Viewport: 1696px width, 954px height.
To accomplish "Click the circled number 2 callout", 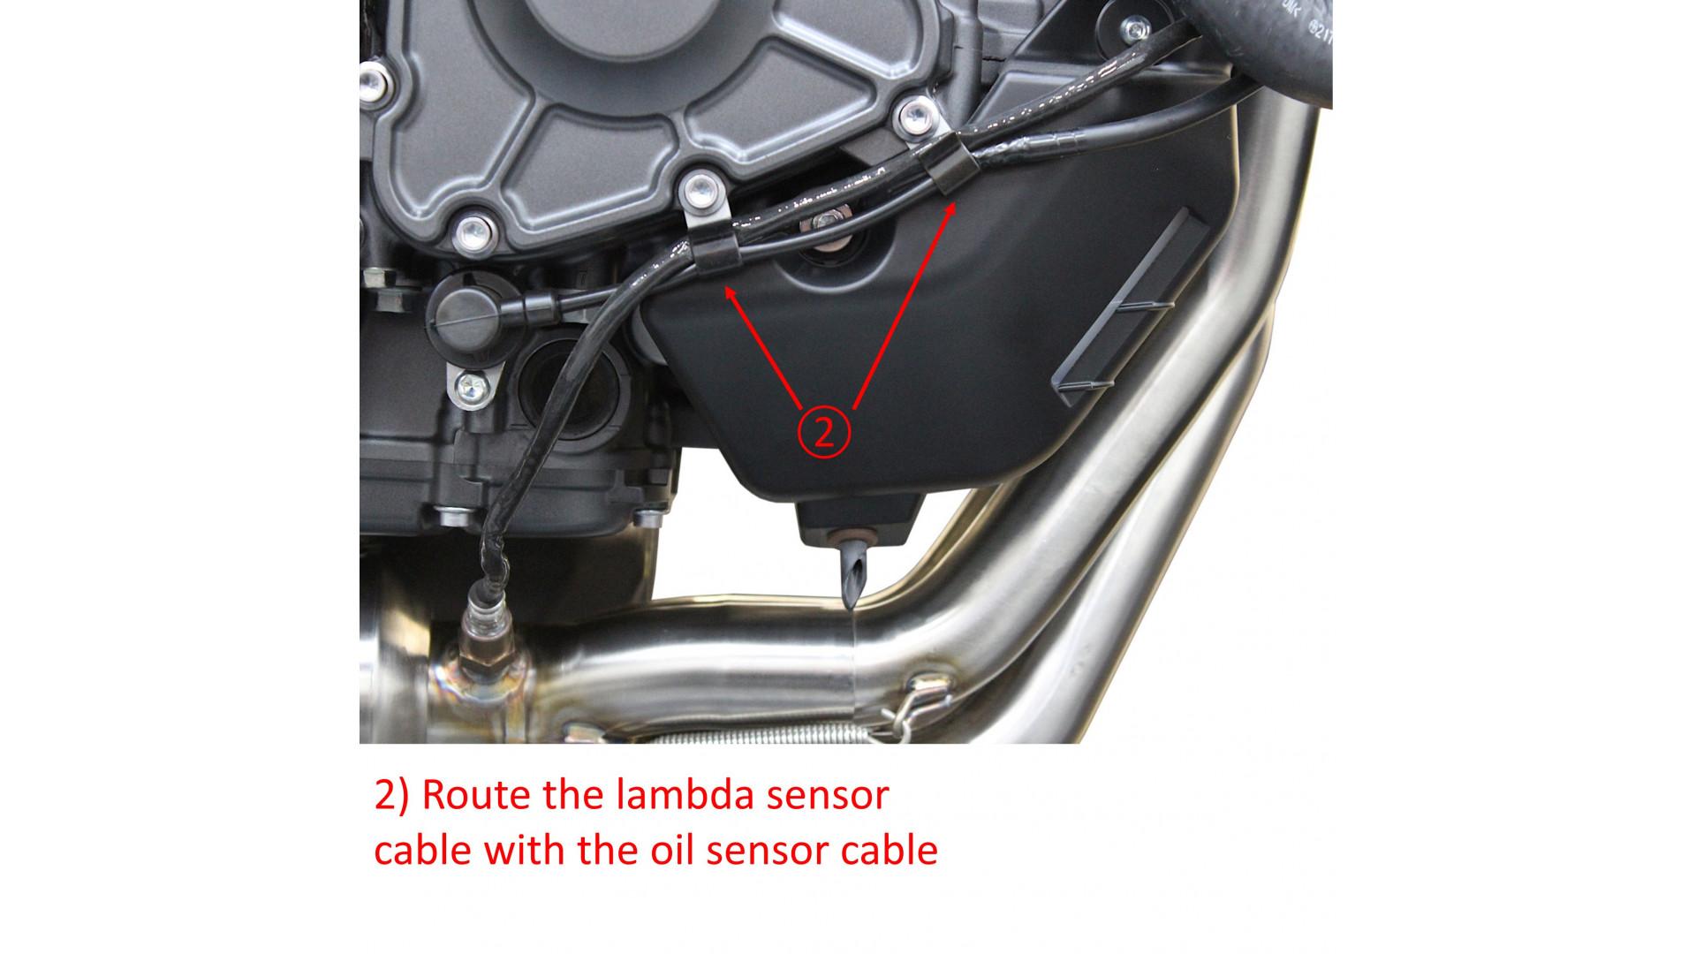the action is point(824,432).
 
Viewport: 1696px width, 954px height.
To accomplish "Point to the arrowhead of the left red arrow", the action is point(730,293).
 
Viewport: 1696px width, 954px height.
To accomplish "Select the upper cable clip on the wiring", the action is point(946,164).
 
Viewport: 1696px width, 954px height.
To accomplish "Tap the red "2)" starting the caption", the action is point(391,795).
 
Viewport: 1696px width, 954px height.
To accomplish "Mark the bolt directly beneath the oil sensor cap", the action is point(471,387).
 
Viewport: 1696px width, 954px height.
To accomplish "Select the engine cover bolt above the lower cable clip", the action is point(703,191).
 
